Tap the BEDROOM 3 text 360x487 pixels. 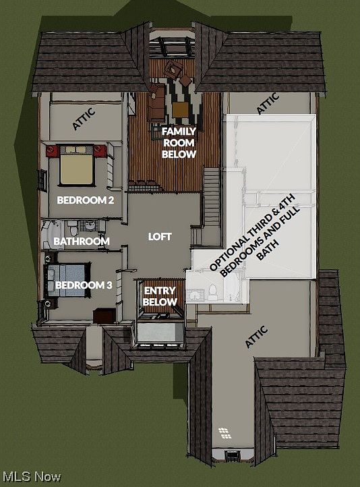click(84, 285)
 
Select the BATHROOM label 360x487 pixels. click(81, 241)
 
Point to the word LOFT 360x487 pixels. click(160, 237)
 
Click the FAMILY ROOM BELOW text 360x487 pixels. click(179, 142)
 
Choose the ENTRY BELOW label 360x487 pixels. click(160, 296)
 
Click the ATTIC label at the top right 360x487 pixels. click(268, 103)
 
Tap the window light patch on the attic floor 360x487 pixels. click(222, 432)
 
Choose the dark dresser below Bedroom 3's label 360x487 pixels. click(104, 314)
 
